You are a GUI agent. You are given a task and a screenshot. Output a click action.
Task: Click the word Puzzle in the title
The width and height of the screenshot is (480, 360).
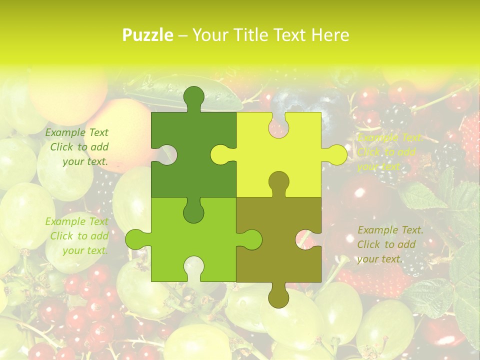coord(148,35)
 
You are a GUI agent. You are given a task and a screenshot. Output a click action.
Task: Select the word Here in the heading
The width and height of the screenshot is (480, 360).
coord(329,35)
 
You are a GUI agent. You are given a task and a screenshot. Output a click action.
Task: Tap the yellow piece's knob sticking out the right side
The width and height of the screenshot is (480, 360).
coord(335,155)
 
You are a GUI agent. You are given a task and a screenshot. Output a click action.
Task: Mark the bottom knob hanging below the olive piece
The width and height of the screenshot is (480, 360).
coord(278,296)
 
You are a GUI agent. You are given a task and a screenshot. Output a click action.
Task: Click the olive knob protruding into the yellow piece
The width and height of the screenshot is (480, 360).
coord(278,181)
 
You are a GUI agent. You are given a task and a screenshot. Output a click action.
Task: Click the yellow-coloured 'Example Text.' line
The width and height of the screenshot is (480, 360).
coord(390,138)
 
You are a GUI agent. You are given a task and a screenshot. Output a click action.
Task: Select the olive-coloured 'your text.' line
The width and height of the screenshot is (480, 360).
coord(379,259)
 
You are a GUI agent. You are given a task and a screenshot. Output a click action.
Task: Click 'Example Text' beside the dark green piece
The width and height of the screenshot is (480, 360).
coord(77,132)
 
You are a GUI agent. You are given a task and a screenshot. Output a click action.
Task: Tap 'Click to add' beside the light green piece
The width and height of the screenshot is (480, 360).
coord(79,236)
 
